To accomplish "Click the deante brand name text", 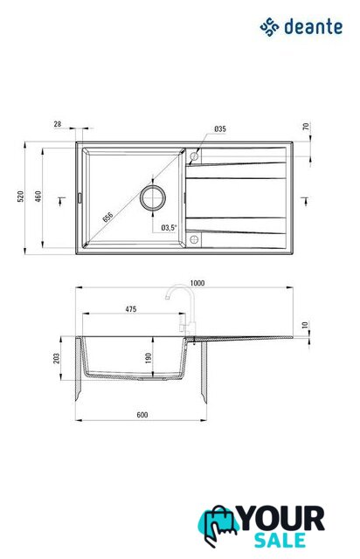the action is coord(313,27).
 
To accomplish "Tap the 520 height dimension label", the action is coord(21,197).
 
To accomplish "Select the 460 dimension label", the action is coord(38,197).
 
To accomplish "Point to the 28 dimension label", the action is coord(58,124).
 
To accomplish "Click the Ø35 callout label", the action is coord(220,128).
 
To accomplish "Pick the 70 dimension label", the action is coord(306,126).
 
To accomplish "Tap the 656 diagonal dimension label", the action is coord(107,217).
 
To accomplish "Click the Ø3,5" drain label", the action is coord(169,227).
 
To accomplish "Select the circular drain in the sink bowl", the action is coord(153,197).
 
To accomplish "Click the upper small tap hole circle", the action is coord(194,156).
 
